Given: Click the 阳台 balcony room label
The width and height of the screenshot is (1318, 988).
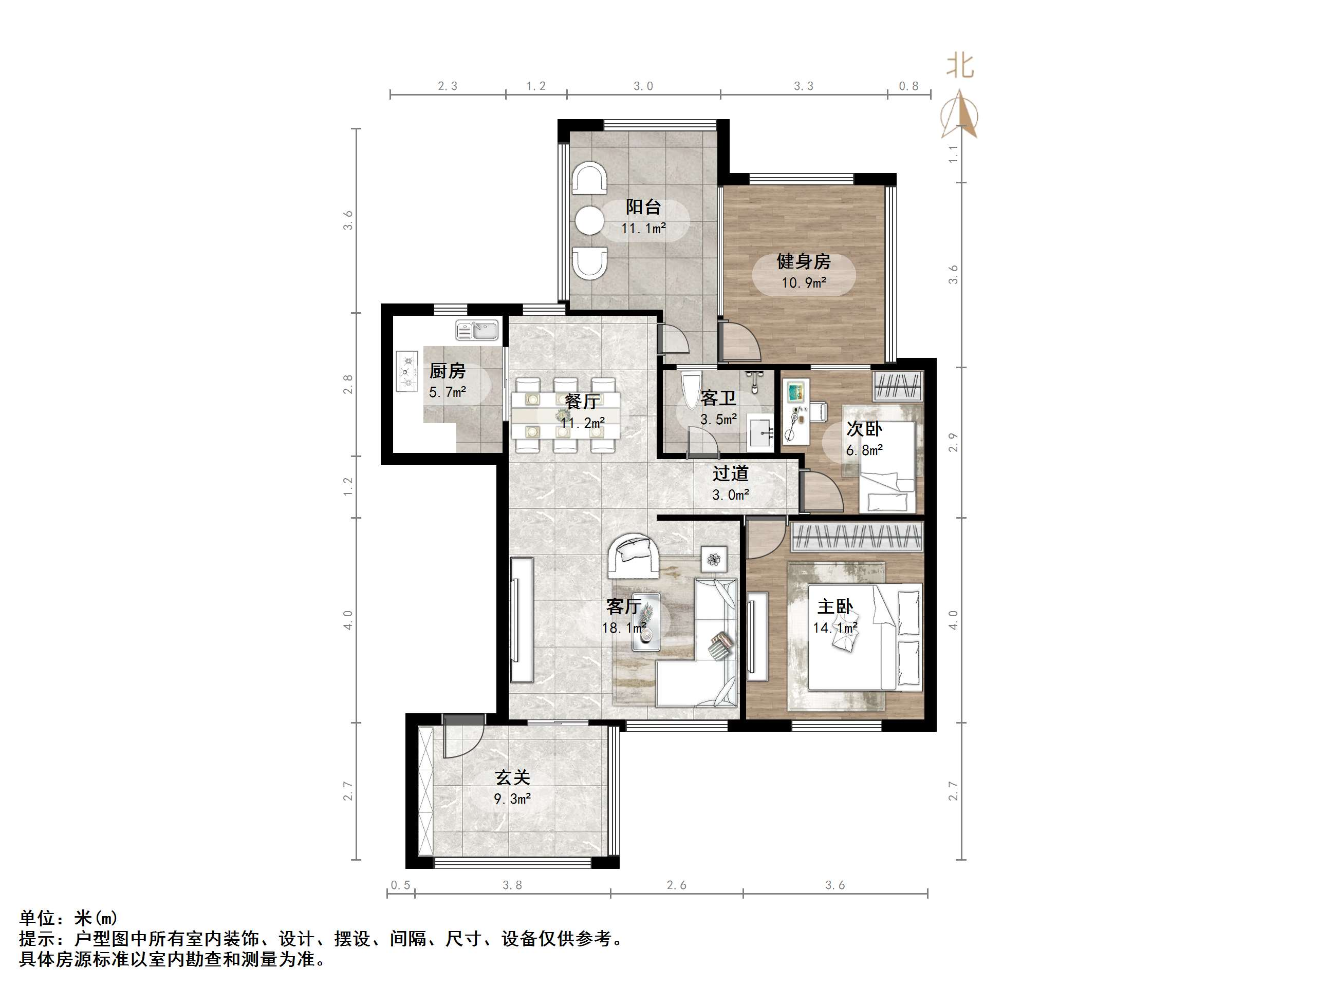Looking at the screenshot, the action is point(643,207).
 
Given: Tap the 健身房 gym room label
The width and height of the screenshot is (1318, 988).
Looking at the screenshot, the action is point(803,261).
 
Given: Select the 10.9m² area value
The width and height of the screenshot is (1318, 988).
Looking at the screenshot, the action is point(804,282).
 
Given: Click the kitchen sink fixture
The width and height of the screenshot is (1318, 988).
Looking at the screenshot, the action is point(477,330).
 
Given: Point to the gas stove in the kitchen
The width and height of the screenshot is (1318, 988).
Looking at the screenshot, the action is point(407,372).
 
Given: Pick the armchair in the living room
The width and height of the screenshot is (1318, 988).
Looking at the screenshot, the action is point(634,556).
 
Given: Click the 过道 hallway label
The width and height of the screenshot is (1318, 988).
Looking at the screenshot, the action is point(731,473).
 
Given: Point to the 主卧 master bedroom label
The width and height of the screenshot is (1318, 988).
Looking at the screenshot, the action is point(835,607).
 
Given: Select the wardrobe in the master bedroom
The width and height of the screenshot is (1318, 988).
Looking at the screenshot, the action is point(857,537).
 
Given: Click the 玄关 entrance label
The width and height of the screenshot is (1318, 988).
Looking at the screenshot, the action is point(512,777).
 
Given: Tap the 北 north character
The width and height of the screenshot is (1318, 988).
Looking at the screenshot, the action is point(960,66).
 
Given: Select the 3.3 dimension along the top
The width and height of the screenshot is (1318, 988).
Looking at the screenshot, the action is point(803,86).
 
